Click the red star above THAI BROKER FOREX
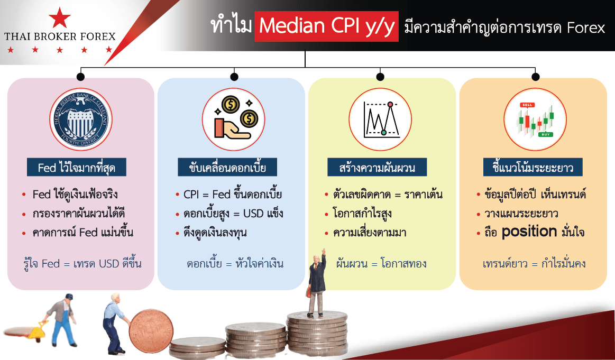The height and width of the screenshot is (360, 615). pos(60,17)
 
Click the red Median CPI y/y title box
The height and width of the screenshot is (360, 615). pos(326,26)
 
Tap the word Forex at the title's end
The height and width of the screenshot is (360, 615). pos(586,28)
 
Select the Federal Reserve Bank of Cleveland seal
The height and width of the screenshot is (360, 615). pos(81,119)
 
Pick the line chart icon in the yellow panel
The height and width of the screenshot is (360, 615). pos(380,119)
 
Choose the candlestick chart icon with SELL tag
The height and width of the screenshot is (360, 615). pos(535,119)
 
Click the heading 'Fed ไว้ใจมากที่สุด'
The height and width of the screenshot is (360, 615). pos(77,168)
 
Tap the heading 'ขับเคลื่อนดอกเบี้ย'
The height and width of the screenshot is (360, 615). pos(227,168)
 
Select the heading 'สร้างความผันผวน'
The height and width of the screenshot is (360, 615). pos(377,168)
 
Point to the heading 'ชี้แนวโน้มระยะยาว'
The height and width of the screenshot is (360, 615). pos(533,168)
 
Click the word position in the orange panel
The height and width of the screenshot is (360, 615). pos(529,232)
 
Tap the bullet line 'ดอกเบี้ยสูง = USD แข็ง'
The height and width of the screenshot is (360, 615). pos(233,214)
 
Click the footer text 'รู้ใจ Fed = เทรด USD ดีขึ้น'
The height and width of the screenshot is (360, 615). pos(82,263)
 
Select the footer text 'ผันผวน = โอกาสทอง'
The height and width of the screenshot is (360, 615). pos(381,263)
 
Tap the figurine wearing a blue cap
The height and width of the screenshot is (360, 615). pos(63,319)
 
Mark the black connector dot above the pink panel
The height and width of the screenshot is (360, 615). pos(81,77)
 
